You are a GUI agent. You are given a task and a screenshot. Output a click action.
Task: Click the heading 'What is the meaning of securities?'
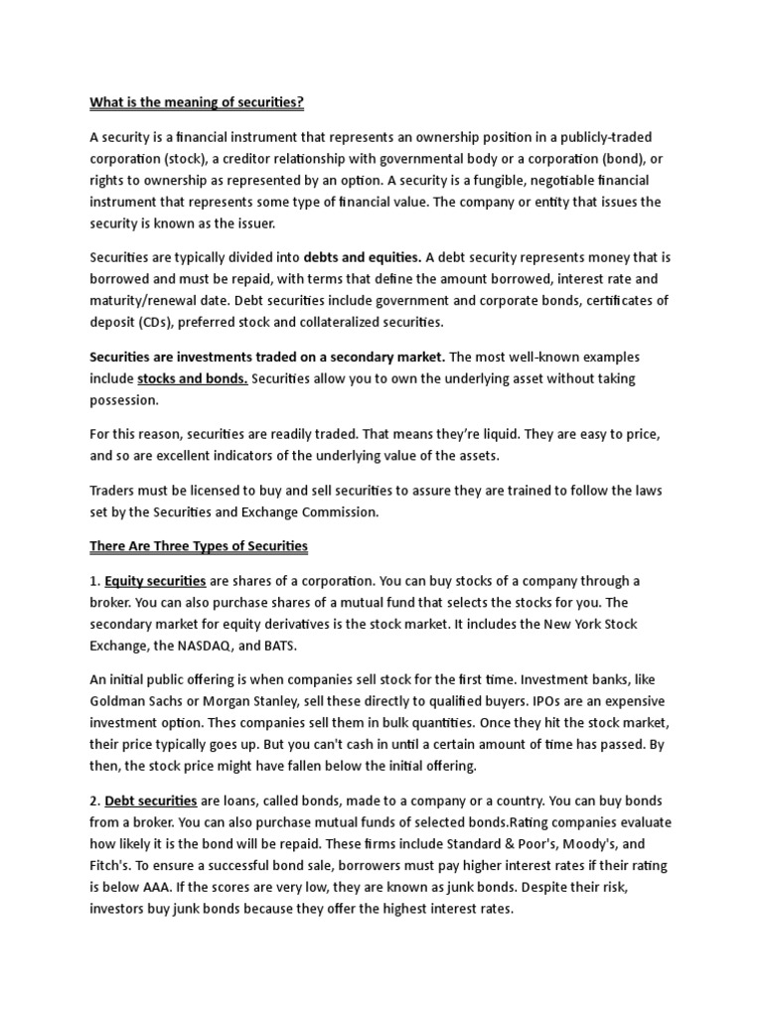(x=197, y=102)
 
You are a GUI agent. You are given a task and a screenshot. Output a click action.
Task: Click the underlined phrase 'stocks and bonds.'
(x=193, y=378)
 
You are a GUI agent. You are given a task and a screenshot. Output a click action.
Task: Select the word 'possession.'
(x=124, y=400)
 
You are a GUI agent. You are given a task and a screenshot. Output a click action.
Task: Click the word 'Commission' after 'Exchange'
(x=331, y=512)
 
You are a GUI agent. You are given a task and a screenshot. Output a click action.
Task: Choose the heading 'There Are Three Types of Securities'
(x=199, y=546)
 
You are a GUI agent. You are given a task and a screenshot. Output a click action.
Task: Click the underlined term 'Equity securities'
(x=155, y=581)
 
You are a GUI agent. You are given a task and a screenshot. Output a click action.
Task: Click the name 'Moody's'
(x=573, y=844)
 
